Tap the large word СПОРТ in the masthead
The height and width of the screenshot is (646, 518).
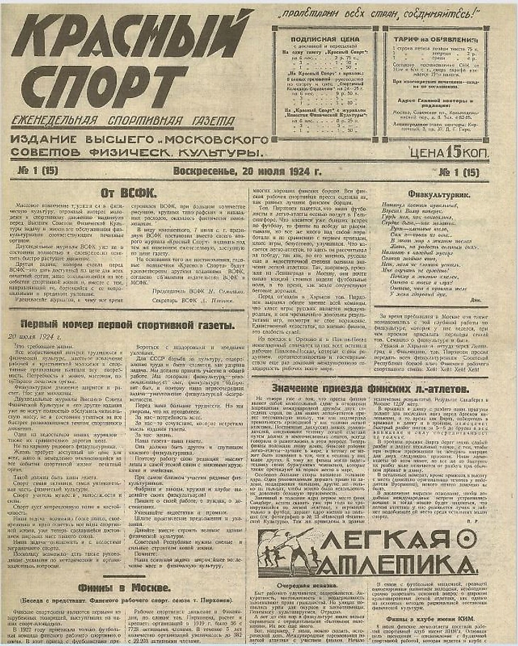[x=106, y=89]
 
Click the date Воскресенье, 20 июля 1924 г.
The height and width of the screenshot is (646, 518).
[x=248, y=171]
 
